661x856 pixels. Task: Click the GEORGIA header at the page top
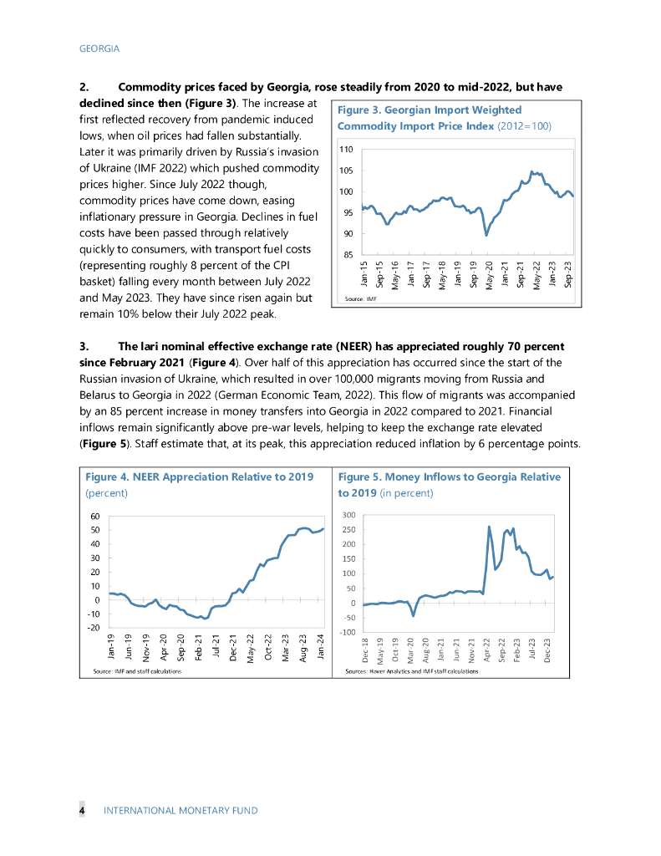(x=99, y=48)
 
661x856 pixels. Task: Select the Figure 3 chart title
(x=444, y=118)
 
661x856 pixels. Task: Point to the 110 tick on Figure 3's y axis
(x=347, y=150)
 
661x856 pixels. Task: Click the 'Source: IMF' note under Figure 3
(x=361, y=298)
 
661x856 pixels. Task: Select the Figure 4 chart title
(x=200, y=476)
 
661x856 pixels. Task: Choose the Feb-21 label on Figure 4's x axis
(x=199, y=649)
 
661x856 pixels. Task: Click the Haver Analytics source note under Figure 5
(x=411, y=670)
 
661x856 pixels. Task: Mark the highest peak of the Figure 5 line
(x=489, y=527)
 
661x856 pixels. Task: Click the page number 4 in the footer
(x=82, y=810)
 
